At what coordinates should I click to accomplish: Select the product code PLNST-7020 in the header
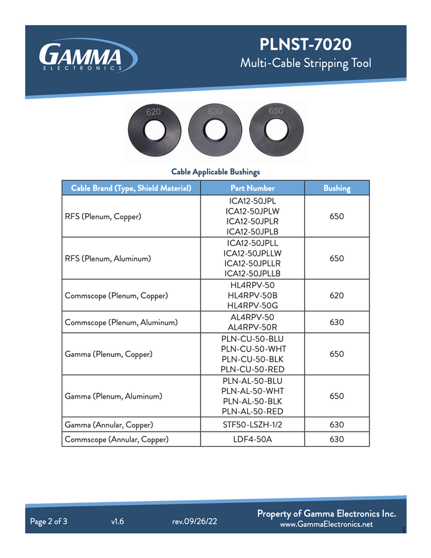tap(305, 44)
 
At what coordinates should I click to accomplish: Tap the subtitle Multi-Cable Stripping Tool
tap(305, 63)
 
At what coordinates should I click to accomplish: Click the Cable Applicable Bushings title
tap(215, 172)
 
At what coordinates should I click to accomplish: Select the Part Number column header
tap(252, 188)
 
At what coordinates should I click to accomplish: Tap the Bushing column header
tap(336, 188)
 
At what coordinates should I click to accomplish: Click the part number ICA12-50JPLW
tap(252, 211)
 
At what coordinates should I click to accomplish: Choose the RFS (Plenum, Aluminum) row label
tap(108, 259)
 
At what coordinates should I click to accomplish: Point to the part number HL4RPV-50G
tap(252, 306)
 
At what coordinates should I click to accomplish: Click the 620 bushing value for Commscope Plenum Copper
tap(336, 296)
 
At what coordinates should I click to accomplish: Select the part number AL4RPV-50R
tap(252, 327)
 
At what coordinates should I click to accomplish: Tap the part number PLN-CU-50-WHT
tap(252, 348)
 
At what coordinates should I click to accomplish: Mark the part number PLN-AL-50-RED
tap(252, 411)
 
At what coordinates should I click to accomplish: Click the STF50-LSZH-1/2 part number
tap(252, 425)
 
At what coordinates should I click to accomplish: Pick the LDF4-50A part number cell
tap(252, 439)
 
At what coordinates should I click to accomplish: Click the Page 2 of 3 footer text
tap(48, 521)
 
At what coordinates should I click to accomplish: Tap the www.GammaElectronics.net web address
tap(326, 524)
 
